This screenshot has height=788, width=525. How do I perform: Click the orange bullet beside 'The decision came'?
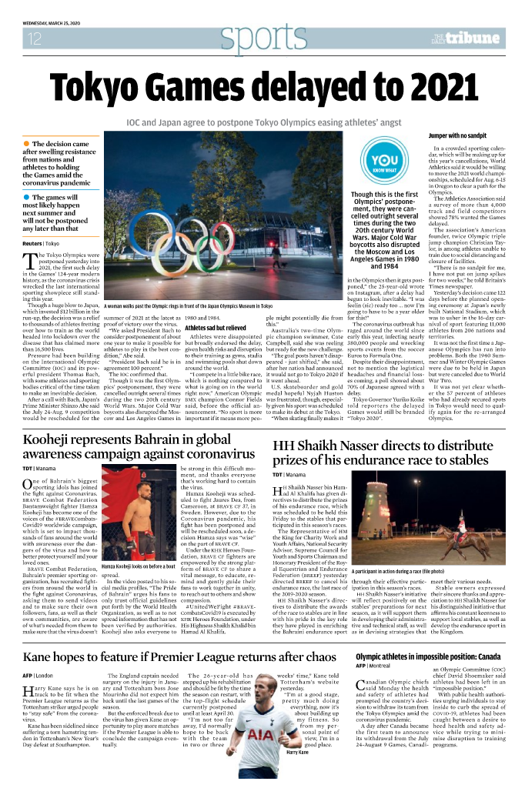[x=27, y=144]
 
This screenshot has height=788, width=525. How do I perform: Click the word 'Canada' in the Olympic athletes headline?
[x=480, y=656]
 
